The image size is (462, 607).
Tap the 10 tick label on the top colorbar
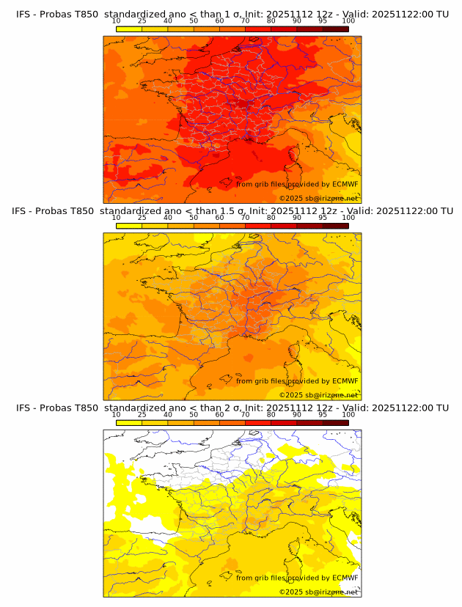click(116, 21)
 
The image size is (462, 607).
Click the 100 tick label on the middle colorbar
click(348, 217)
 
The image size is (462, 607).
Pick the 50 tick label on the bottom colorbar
click(194, 414)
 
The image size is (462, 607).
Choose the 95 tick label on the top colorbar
click(323, 21)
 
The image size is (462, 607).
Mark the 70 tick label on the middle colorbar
click(245, 217)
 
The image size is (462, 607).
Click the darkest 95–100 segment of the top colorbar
click(336, 29)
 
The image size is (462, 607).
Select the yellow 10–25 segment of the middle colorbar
click(129, 226)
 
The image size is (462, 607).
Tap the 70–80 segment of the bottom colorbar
click(258, 422)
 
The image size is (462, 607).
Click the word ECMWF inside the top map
click(345, 184)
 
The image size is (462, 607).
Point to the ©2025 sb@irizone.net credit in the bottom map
click(318, 592)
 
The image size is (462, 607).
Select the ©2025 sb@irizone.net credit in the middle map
click(318, 394)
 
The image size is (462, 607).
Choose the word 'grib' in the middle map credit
click(264, 380)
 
